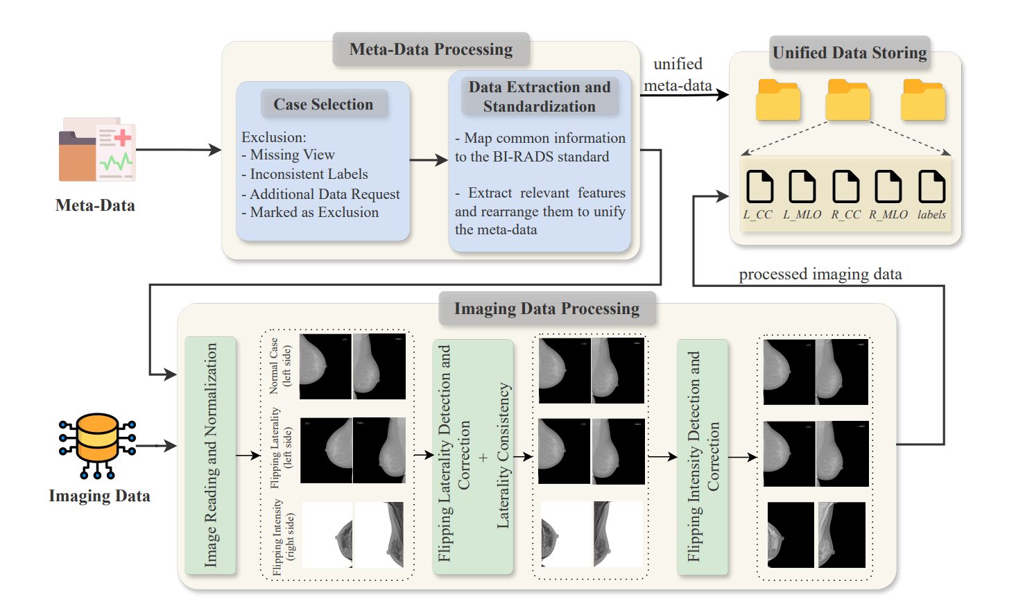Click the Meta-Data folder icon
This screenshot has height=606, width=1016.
pyautogui.click(x=96, y=150)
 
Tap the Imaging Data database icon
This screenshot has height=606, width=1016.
pyautogui.click(x=97, y=445)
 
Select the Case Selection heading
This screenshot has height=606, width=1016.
pyautogui.click(x=323, y=104)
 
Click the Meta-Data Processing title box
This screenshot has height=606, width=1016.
pyautogui.click(x=431, y=49)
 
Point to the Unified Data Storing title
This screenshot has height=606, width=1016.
pyautogui.click(x=850, y=53)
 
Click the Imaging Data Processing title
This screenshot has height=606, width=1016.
pyautogui.click(x=546, y=309)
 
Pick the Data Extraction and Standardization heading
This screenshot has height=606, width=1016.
pyautogui.click(x=540, y=96)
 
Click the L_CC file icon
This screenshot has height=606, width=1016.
pyautogui.click(x=759, y=187)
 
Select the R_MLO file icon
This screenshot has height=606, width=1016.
pyautogui.click(x=888, y=187)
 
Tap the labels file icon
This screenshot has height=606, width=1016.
pyautogui.click(x=931, y=187)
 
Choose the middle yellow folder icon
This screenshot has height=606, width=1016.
pyautogui.click(x=847, y=100)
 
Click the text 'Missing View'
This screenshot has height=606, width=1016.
pyautogui.click(x=292, y=155)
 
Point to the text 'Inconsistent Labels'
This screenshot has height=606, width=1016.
pyautogui.click(x=309, y=174)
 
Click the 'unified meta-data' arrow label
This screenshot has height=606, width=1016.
pyautogui.click(x=678, y=74)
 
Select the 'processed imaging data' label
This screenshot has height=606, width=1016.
pyautogui.click(x=820, y=274)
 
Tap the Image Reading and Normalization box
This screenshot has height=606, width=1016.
pyautogui.click(x=210, y=455)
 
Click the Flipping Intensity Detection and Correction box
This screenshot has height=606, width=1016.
pyautogui.click(x=703, y=456)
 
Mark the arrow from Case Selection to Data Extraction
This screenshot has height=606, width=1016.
pyautogui.click(x=429, y=160)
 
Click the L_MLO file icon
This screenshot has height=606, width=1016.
pyautogui.click(x=802, y=187)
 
